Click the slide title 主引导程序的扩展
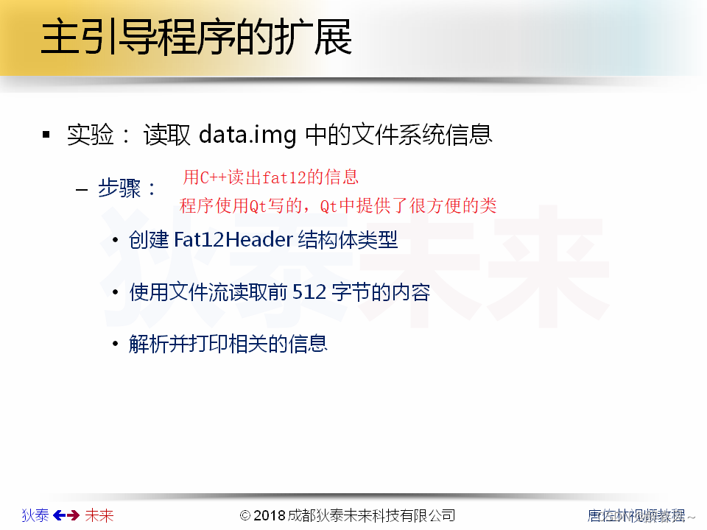click(x=196, y=38)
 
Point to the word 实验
click(x=91, y=135)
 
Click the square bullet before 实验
click(x=46, y=135)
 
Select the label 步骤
click(x=119, y=188)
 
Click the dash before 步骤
click(x=82, y=189)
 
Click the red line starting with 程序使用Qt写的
click(x=338, y=206)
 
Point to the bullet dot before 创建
click(x=114, y=241)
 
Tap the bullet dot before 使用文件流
click(x=114, y=293)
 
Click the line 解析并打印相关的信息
click(x=228, y=344)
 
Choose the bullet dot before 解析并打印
click(x=114, y=344)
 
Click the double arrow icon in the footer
click(x=66, y=515)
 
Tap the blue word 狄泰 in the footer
click(x=35, y=515)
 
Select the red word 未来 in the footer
click(x=99, y=515)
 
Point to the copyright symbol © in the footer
click(x=246, y=515)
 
